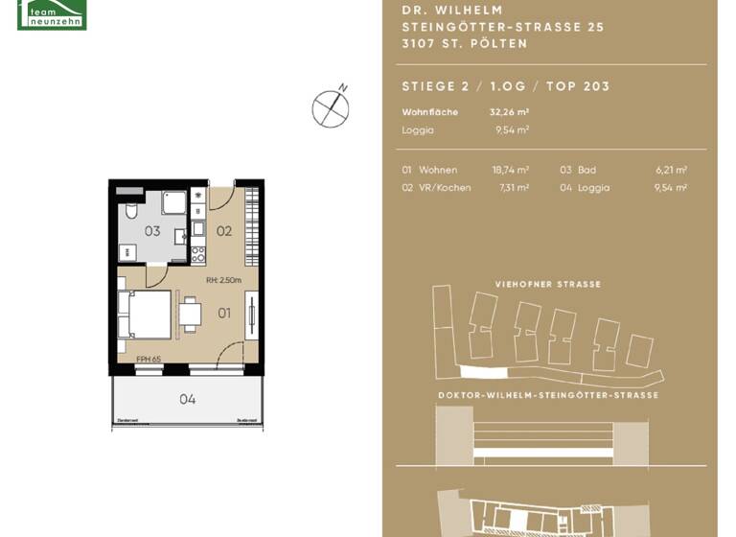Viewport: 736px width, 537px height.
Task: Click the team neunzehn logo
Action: click(52, 14)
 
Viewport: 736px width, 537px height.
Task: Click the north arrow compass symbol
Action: click(331, 108)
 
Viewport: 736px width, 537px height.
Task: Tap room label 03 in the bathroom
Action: click(152, 231)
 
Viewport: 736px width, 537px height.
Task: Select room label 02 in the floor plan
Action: click(223, 231)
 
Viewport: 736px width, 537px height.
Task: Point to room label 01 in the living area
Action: click(224, 313)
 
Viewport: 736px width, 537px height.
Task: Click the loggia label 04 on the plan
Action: click(188, 399)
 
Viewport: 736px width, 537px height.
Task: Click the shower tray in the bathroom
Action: click(173, 202)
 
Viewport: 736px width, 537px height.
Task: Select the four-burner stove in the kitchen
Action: click(198, 255)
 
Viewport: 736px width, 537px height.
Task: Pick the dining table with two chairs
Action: click(191, 314)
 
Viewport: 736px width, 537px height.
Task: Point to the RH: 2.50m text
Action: click(224, 281)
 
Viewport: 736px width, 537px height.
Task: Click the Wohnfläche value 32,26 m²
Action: click(509, 112)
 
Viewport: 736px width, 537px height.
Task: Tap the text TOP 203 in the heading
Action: click(578, 86)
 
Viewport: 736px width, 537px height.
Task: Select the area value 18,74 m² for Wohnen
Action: click(510, 170)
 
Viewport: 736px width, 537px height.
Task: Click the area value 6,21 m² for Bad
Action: click(671, 170)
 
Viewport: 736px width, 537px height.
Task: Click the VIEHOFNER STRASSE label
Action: click(547, 285)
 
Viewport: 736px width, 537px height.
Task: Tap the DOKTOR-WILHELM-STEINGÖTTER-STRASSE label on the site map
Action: click(547, 395)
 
